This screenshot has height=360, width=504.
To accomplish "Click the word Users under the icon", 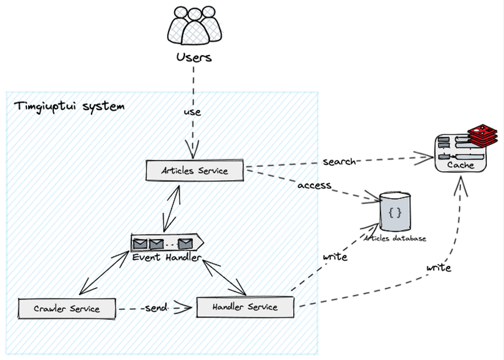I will pyautogui.click(x=194, y=57).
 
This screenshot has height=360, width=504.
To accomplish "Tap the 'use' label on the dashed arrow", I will pyautogui.click(x=192, y=112).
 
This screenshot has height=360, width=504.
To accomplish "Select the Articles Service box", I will pyautogui.click(x=195, y=171).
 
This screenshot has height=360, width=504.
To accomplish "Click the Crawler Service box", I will pyautogui.click(x=67, y=309).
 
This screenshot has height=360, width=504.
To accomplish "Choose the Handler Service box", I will pyautogui.click(x=245, y=307).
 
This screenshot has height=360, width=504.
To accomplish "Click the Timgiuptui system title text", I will pyautogui.click(x=68, y=106).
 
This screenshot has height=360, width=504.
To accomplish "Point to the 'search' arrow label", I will pyautogui.click(x=339, y=162).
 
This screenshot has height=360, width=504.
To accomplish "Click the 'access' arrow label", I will pyautogui.click(x=314, y=185).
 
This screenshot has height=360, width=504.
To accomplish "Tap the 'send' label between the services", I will pyautogui.click(x=156, y=307).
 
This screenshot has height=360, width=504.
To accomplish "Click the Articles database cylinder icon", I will pyautogui.click(x=395, y=213).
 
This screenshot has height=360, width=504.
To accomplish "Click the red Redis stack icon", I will pyautogui.click(x=483, y=136).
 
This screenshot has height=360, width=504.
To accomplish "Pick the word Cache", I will pyautogui.click(x=461, y=165).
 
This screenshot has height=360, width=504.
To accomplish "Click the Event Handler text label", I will pyautogui.click(x=166, y=257).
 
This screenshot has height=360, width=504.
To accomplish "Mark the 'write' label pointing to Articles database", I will pyautogui.click(x=335, y=257).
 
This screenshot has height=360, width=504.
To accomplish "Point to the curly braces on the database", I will pyautogui.click(x=395, y=213).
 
